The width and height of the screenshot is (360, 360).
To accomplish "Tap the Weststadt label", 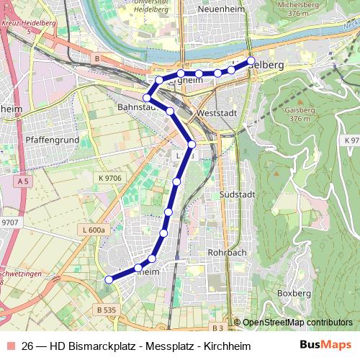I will [217, 113].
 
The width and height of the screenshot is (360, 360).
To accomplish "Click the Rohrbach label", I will [226, 253].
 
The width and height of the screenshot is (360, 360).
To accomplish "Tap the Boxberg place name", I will [294, 294].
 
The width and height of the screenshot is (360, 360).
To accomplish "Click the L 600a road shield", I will [93, 229].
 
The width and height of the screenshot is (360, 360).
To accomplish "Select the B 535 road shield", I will [106, 310].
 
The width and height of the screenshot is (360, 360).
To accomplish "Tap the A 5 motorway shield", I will [24, 182].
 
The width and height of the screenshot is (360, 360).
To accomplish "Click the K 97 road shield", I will [351, 140].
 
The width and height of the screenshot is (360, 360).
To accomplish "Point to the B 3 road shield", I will [218, 328].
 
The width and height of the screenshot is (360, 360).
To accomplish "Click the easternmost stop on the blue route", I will [251, 61].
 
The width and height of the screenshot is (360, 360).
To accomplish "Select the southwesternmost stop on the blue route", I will [109, 281].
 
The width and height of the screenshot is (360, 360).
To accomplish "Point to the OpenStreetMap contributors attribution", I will [297, 322].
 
